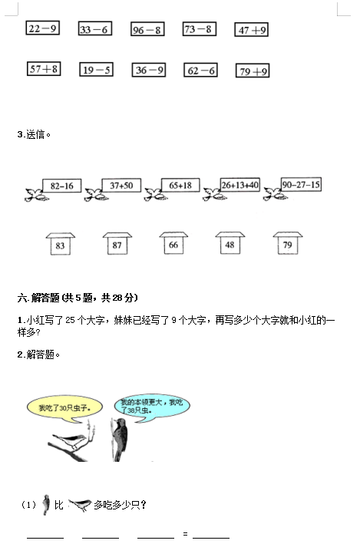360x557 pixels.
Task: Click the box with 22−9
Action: [43, 28]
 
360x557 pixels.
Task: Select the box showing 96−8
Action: [147, 30]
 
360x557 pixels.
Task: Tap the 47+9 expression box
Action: [251, 30]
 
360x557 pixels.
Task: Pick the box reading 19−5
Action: [96, 70]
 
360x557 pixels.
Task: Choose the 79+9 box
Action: [253, 71]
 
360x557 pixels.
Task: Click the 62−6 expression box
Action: [201, 70]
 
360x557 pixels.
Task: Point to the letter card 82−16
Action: [62, 186]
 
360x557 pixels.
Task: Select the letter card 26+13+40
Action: [240, 185]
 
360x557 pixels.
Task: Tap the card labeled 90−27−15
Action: [301, 184]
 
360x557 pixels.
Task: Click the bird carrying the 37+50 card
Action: [95, 194]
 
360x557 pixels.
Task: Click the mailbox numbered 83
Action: [61, 244]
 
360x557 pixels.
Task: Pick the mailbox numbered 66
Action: [173, 243]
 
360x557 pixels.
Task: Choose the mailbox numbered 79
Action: [288, 243]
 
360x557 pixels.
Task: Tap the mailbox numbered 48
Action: [230, 243]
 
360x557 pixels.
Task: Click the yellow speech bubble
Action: [64, 408]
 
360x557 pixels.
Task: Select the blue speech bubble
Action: [152, 407]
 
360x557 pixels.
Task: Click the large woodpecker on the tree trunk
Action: [120, 440]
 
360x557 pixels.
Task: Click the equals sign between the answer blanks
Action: [185, 533]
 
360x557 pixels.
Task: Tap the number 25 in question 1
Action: [70, 321]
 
